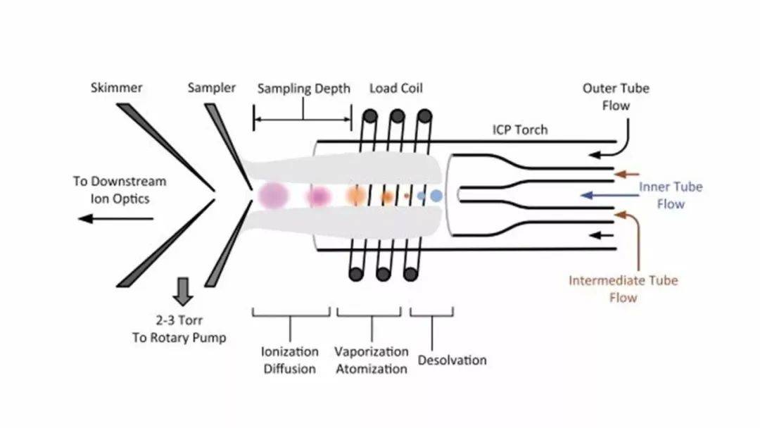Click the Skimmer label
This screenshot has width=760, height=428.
(116, 88)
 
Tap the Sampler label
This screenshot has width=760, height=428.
(212, 88)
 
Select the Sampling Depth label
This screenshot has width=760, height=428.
(303, 89)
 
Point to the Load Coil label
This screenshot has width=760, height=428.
(396, 89)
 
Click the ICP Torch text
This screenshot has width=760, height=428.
(519, 130)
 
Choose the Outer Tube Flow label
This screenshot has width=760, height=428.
(615, 97)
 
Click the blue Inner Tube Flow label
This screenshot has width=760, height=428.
(671, 195)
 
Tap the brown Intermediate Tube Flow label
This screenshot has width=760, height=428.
(623, 289)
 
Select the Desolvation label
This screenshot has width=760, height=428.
(452, 360)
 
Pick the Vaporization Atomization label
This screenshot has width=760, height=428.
(371, 360)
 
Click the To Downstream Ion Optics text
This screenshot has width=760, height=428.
(120, 190)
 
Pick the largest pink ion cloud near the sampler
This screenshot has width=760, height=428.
(272, 196)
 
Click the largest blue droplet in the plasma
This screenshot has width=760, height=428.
(436, 196)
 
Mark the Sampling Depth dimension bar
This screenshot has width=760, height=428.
(303, 120)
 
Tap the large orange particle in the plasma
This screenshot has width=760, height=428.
(356, 196)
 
